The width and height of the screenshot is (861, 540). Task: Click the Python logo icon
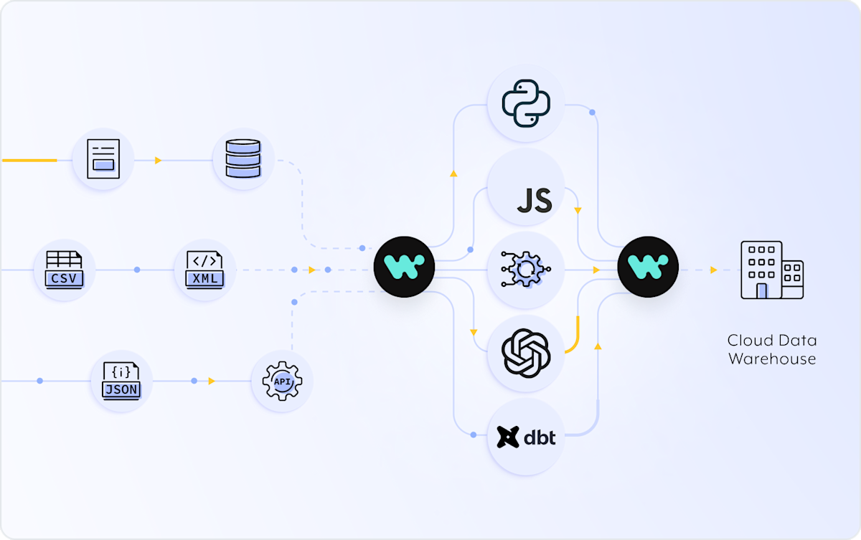[526, 103]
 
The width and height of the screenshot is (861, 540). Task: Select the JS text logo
[535, 200]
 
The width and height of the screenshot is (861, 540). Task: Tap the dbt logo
[526, 437]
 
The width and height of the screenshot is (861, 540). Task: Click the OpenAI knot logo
[526, 354]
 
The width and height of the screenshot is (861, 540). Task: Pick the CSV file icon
[64, 270]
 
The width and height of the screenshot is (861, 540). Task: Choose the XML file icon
[204, 270]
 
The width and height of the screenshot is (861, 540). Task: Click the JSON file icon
[121, 381]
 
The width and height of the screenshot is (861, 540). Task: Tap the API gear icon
[282, 381]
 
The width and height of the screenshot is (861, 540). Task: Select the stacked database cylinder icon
[243, 158]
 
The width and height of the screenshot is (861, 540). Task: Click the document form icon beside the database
[103, 158]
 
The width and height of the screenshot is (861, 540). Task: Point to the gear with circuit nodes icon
[526, 270]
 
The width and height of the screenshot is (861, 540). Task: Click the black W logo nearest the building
[648, 267]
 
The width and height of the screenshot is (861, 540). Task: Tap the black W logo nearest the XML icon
[405, 267]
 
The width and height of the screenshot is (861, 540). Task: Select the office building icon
[772, 270]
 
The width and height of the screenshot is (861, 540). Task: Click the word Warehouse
[772, 359]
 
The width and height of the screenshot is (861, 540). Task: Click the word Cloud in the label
[751, 341]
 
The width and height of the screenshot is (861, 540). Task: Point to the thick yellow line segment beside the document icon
[29, 160]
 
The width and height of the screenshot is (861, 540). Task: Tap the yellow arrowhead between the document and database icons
[158, 160]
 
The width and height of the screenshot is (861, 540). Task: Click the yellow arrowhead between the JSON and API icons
[212, 381]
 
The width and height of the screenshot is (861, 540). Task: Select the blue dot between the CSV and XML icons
[137, 270]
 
